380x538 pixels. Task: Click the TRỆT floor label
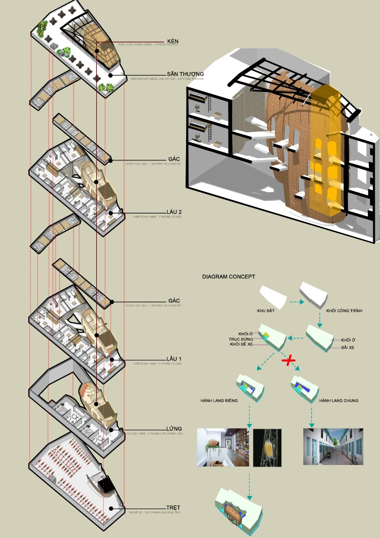pyautogui.click(x=171, y=508)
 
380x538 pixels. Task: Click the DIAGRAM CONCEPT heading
pyautogui.click(x=229, y=276)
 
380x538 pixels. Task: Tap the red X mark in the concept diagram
pyautogui.click(x=289, y=360)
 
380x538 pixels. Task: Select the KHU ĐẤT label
pyautogui.click(x=266, y=311)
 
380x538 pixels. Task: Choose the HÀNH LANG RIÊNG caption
pyautogui.click(x=219, y=401)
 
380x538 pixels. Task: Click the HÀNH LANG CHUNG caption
pyautogui.click(x=338, y=401)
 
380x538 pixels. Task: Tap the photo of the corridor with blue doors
pyautogui.click(x=333, y=447)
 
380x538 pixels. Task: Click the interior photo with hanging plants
pyautogui.click(x=223, y=447)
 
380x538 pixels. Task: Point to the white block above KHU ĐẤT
pyautogui.click(x=273, y=296)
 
